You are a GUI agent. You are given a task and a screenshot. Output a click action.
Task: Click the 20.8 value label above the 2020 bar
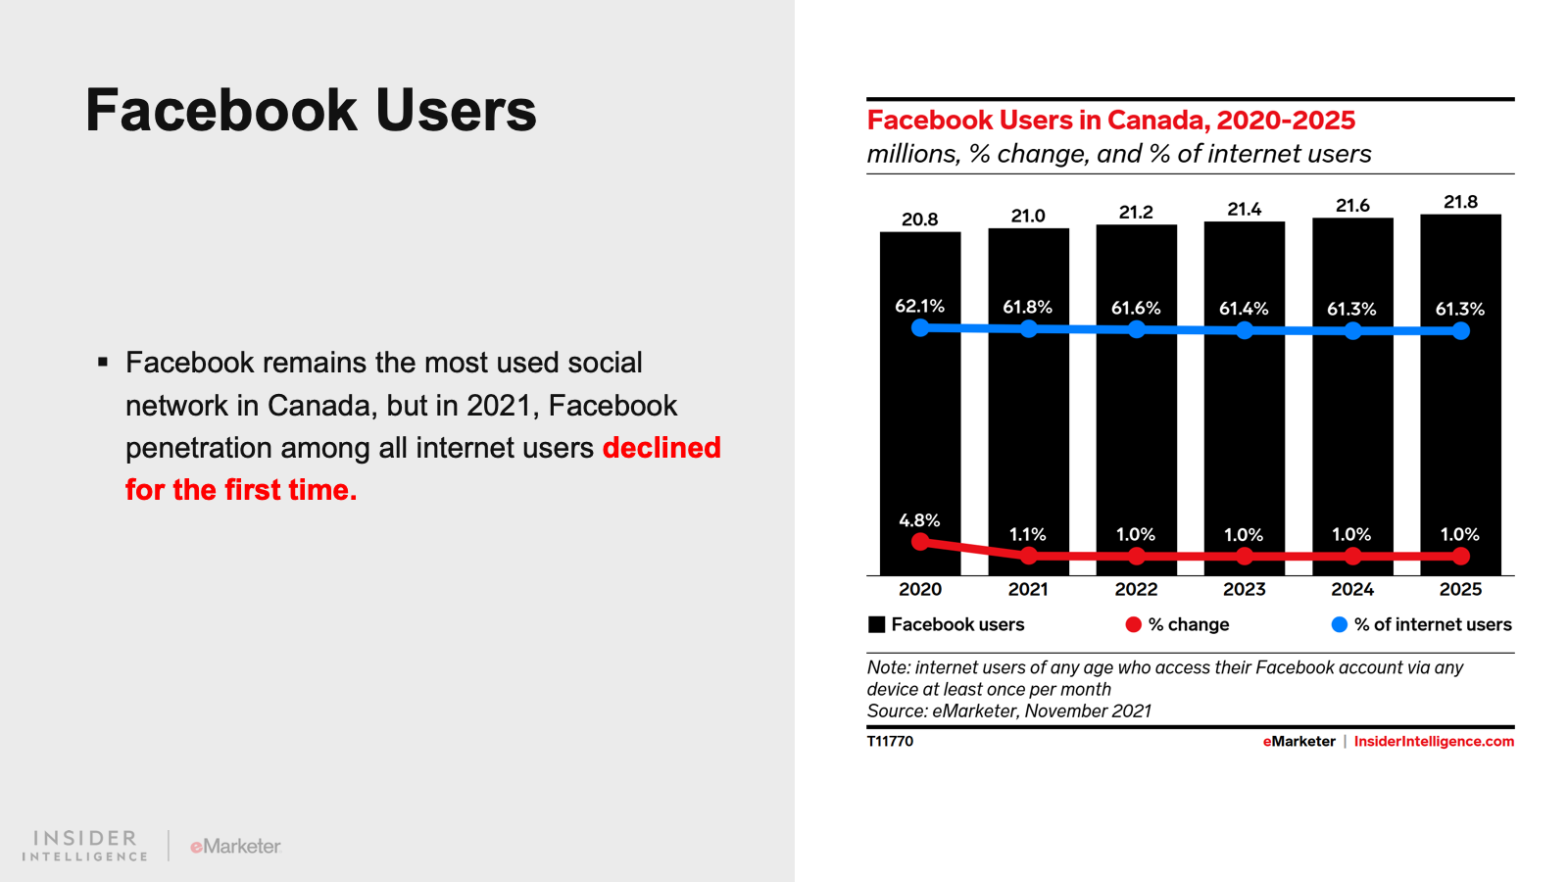pos(919,220)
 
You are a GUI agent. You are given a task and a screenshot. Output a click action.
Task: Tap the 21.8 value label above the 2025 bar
pos(1460,202)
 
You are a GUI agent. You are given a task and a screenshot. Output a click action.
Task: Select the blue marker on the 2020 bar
pos(920,327)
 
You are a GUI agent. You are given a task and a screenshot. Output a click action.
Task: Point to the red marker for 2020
pos(920,542)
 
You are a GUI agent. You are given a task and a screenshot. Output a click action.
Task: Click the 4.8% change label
pos(919,520)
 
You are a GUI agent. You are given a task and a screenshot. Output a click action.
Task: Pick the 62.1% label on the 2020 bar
pos(919,307)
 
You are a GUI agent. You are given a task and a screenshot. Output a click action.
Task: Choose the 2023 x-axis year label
pos(1244,589)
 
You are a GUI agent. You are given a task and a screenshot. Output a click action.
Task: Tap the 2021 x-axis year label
pos(1028,589)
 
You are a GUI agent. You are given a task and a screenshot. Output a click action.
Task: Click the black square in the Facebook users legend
pos(877,624)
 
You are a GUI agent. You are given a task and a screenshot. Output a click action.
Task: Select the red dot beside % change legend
pos(1133,624)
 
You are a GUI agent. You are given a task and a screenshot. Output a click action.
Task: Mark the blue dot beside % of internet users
pos(1340,624)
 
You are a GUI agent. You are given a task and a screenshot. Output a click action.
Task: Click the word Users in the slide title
pos(456,110)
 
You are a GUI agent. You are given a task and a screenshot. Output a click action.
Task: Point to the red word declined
pos(661,448)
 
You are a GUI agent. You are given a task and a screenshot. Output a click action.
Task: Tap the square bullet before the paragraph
pos(103,363)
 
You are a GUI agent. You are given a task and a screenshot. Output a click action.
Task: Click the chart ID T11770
pos(890,741)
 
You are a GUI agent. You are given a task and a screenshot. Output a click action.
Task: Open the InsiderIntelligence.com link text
pos(1434,741)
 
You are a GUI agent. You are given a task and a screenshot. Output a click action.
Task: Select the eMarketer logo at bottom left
pos(235,846)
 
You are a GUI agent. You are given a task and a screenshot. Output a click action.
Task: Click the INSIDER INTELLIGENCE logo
pos(85,846)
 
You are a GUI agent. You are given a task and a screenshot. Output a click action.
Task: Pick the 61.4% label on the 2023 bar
pos(1244,309)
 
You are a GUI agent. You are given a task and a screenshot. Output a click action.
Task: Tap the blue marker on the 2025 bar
pos(1461,331)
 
